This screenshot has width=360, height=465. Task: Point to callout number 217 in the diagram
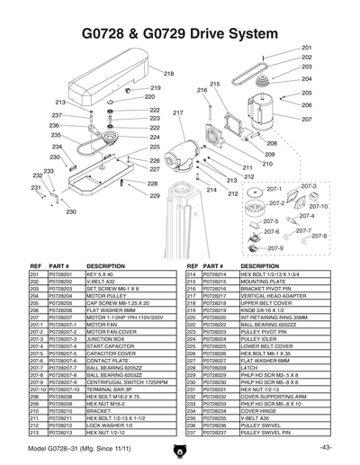(178, 112)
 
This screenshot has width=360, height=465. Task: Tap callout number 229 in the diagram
(155, 195)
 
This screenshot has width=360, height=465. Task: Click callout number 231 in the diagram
(36, 188)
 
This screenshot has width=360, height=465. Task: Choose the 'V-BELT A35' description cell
(256, 418)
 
